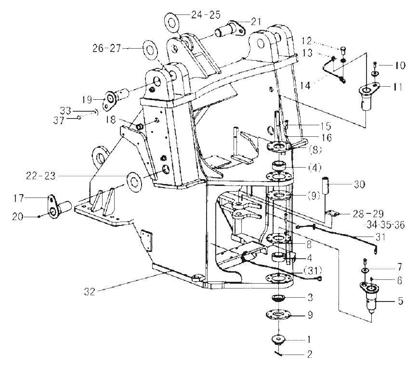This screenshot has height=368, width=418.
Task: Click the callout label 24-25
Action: [206, 15]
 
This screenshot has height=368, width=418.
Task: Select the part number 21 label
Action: [256, 21]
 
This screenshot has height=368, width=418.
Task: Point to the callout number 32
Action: [90, 291]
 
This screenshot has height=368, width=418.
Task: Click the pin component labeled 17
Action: [59, 207]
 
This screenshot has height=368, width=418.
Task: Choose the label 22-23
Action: [41, 176]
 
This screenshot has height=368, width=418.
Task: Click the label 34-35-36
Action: [385, 225]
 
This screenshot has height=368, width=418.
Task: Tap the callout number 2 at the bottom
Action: [309, 355]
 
